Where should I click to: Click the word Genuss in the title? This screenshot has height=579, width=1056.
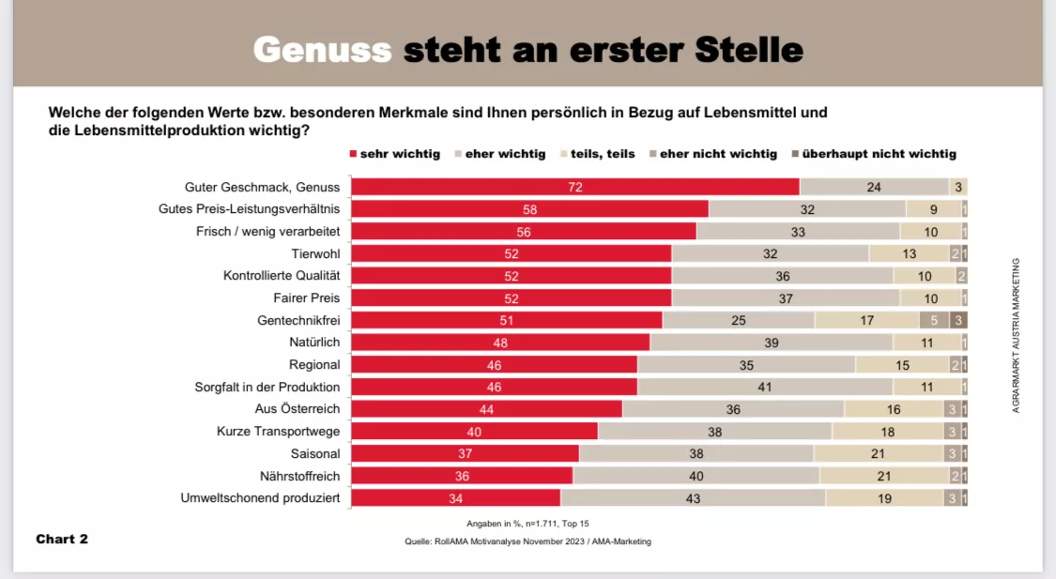point(322,49)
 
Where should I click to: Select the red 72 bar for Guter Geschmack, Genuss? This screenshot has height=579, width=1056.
point(574,187)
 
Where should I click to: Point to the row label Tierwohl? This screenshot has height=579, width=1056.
point(315,253)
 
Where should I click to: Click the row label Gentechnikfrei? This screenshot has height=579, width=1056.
point(298,320)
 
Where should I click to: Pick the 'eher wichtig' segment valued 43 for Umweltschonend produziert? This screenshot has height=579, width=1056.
point(693,498)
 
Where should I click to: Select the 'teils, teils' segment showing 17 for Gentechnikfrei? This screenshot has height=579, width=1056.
point(866,320)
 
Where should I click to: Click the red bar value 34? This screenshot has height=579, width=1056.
point(455,498)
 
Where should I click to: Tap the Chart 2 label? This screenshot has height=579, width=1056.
point(62,539)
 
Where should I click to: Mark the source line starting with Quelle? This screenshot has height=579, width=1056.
point(528,541)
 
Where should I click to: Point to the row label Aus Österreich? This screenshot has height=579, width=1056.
point(297,409)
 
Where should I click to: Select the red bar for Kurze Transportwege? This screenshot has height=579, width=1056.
point(474,432)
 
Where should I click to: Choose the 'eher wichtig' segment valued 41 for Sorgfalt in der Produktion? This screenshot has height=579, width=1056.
point(764,387)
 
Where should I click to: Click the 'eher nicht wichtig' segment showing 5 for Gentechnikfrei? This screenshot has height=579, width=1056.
point(934,320)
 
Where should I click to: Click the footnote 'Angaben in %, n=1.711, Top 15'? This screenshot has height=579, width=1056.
point(528,523)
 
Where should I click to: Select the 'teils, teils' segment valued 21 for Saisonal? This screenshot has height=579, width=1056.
point(878,453)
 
